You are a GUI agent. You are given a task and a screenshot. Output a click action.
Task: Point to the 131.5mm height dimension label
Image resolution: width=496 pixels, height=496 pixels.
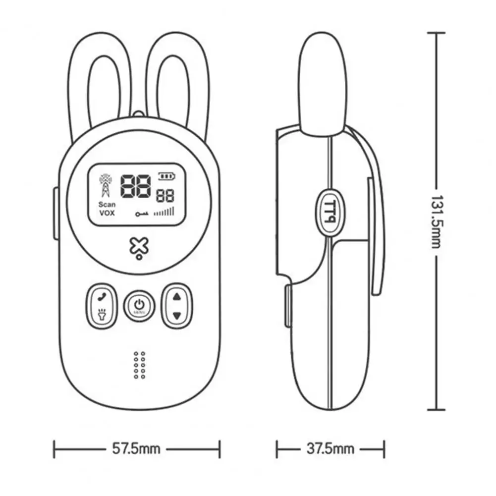click(437, 220)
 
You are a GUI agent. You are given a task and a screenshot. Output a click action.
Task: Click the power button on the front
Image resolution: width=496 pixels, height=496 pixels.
click(139, 304)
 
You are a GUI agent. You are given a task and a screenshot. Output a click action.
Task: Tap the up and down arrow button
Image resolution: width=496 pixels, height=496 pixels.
click(177, 306)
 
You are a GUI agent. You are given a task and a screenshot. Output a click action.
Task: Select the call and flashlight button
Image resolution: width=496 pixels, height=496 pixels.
click(102, 306)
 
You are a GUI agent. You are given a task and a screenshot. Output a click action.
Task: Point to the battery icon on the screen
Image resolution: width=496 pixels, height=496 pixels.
click(166, 175)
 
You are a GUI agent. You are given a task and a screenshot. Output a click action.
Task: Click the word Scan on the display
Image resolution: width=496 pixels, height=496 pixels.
click(107, 204)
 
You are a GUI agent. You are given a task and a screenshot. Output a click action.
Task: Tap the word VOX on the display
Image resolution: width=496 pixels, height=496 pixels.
click(107, 213)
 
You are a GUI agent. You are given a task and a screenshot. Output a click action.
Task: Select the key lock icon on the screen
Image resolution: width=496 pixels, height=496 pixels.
click(142, 214)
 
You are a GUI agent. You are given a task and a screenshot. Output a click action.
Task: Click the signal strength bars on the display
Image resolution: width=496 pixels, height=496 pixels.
click(165, 212)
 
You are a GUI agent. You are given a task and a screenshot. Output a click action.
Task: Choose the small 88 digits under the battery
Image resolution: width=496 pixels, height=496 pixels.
click(165, 195)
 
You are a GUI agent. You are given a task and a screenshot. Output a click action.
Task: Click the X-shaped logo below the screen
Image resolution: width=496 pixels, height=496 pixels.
click(139, 247)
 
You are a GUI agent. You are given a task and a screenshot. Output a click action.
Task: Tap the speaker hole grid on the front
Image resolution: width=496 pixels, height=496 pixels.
click(139, 365)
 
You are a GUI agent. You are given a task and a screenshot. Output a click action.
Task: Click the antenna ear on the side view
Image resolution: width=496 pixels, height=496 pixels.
click(322, 84)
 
